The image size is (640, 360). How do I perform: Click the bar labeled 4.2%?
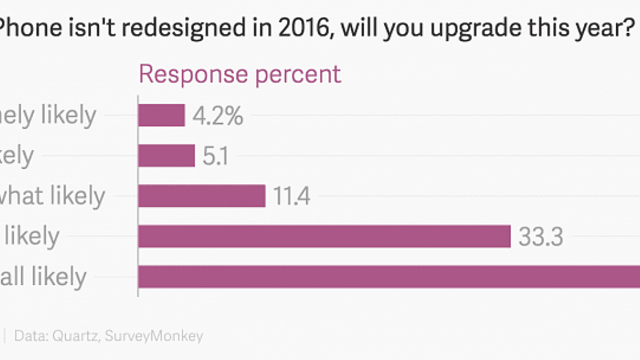point(161,115)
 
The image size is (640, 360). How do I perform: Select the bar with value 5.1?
point(166,156)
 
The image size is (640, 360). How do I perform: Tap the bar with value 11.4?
point(202,196)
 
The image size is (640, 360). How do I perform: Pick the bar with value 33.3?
point(324,236)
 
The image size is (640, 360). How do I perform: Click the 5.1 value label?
point(216,156)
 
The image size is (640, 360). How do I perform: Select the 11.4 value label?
point(292,196)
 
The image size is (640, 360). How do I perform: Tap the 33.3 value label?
point(541,237)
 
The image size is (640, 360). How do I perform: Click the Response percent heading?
point(240,74)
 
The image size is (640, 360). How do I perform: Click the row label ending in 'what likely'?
point(52,196)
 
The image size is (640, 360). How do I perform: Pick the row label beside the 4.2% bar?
point(47,116)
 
